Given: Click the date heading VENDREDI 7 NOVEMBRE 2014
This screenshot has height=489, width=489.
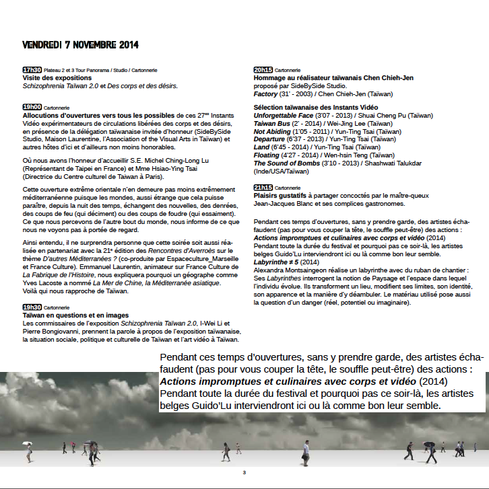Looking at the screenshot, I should (x=80, y=45).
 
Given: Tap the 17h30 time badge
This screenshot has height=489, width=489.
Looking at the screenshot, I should (x=32, y=70).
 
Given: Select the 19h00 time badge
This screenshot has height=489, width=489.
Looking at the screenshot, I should (x=32, y=107).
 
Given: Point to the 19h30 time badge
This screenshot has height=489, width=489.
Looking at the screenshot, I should (x=32, y=307).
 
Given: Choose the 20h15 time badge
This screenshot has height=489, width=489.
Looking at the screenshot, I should (x=263, y=70).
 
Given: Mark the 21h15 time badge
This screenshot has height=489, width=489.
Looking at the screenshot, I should (x=263, y=188).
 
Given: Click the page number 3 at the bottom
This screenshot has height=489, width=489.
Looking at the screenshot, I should (x=244, y=472).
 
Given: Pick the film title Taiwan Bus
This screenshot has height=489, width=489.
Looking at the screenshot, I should (x=273, y=124).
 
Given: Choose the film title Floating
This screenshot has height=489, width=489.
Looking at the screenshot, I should (x=267, y=155).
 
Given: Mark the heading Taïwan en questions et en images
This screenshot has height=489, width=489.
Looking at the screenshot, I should (x=75, y=315).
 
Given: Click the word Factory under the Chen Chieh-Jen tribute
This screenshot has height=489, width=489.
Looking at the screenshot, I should (x=265, y=94).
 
